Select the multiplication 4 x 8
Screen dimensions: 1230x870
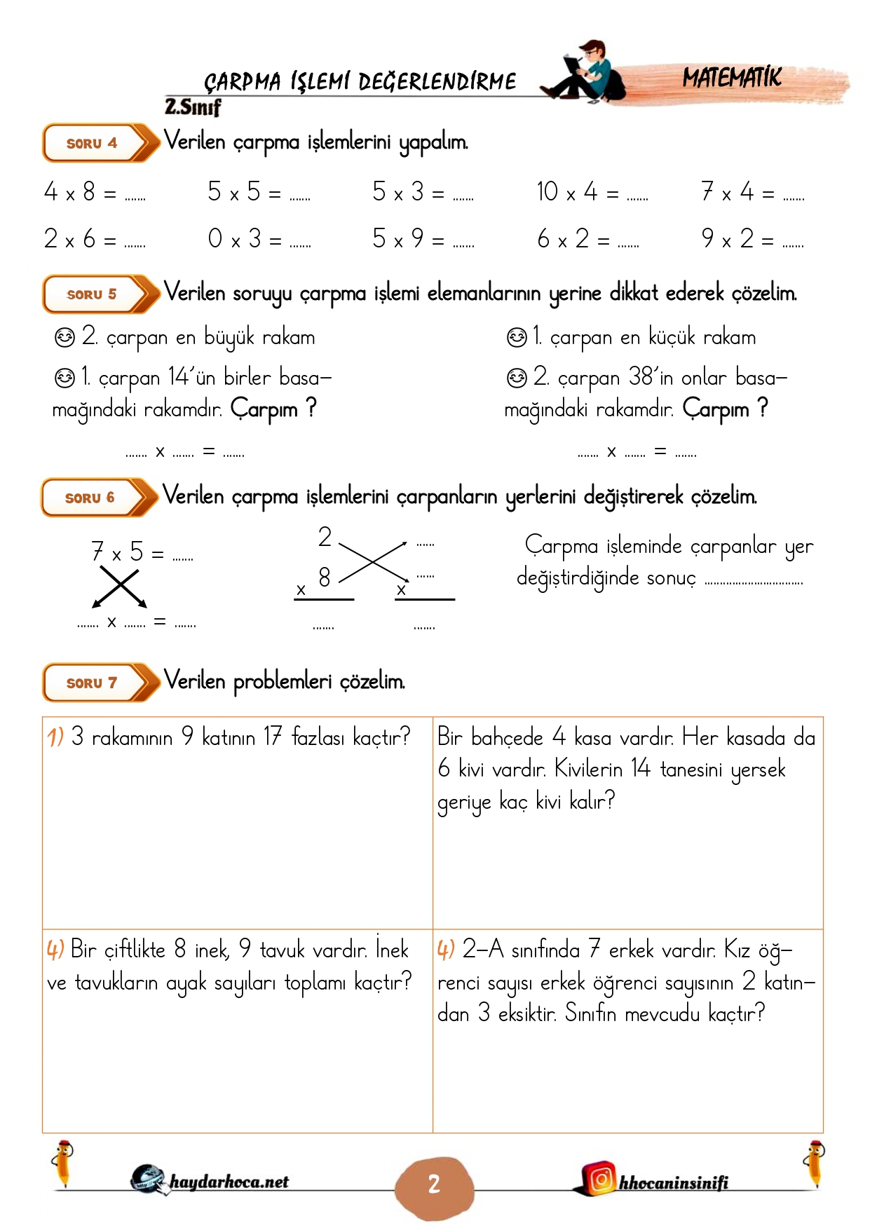(x=69, y=192)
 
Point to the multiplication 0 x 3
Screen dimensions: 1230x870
(x=234, y=239)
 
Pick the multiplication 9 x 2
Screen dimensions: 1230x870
(x=728, y=239)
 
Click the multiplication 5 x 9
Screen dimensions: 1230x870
(x=398, y=239)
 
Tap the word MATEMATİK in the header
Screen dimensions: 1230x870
(x=732, y=78)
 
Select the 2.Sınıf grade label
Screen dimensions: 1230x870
(x=193, y=107)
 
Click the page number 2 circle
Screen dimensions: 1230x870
(x=434, y=1184)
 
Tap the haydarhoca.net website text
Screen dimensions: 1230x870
(x=229, y=1182)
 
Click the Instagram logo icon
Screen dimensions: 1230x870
(x=601, y=1179)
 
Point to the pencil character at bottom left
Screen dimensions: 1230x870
(x=64, y=1163)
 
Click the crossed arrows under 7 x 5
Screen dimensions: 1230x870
(x=119, y=586)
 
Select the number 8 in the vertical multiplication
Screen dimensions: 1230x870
(x=324, y=578)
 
